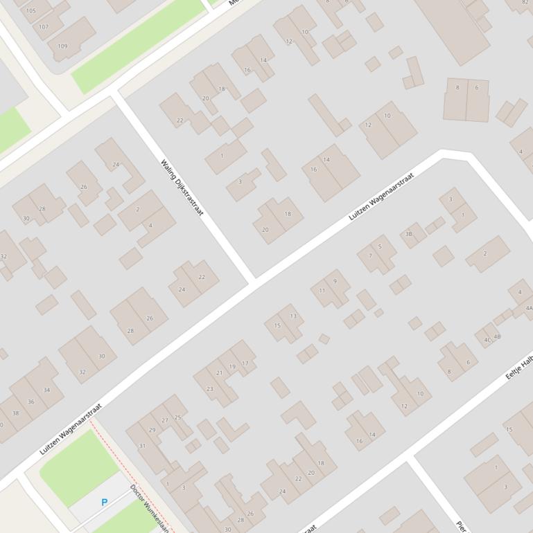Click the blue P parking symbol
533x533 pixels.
click(x=105, y=502)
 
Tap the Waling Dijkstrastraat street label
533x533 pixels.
click(x=182, y=188)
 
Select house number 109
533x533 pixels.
click(x=62, y=46)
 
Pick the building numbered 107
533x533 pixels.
click(x=44, y=27)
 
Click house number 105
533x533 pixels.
click(x=30, y=11)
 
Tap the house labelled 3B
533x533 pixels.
click(x=409, y=234)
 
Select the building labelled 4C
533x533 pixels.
click(x=487, y=340)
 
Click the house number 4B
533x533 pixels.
click(x=497, y=336)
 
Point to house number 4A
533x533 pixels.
click(x=529, y=308)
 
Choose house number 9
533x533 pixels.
click(x=335, y=281)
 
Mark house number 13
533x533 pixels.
click(x=293, y=316)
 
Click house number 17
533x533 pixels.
click(x=245, y=363)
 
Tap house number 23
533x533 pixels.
click(x=210, y=389)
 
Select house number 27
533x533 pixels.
click(x=165, y=420)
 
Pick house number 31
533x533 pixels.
click(x=142, y=446)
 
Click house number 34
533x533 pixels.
click(x=46, y=390)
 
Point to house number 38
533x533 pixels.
click(x=15, y=413)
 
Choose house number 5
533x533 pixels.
click(x=380, y=246)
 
